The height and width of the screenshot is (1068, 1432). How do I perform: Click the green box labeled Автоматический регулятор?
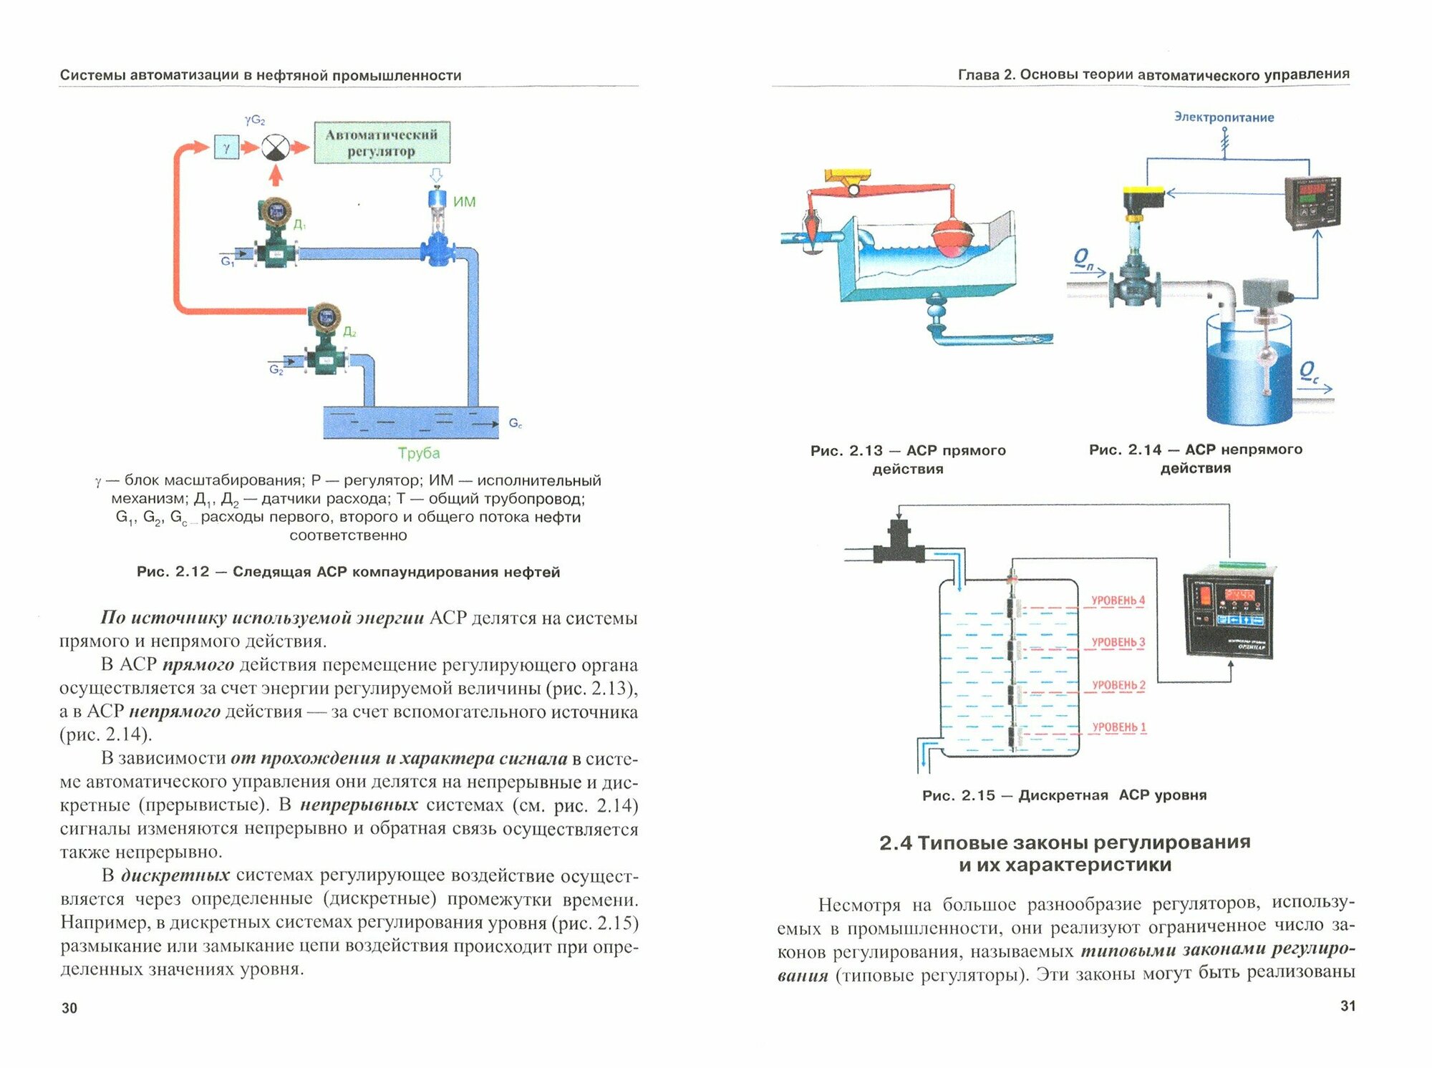[382, 142]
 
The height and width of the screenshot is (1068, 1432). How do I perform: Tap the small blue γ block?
[226, 148]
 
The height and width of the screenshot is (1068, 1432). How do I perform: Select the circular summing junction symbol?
[275, 147]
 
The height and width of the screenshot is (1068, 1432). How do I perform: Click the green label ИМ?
[464, 202]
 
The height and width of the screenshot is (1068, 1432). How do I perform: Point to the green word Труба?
[419, 452]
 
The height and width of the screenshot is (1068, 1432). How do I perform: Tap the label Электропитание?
[1224, 117]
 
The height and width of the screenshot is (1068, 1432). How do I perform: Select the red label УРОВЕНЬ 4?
[1118, 600]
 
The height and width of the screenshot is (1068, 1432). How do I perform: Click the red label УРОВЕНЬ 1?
[1118, 727]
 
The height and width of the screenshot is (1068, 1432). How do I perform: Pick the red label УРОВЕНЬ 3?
[1118, 642]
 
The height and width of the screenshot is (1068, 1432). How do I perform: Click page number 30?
[69, 1008]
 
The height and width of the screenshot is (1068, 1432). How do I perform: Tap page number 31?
[1348, 1006]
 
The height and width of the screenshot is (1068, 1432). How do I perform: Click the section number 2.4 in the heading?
[895, 843]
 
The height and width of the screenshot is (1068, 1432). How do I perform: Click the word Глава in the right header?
[978, 74]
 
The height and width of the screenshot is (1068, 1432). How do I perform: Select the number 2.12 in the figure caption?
[192, 572]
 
